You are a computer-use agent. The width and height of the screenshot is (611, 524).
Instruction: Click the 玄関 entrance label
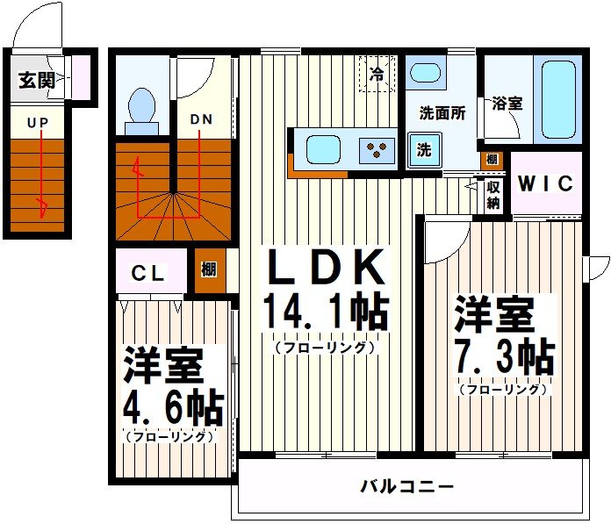coord(36,81)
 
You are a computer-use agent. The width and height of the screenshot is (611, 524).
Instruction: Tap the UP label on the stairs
coord(37,124)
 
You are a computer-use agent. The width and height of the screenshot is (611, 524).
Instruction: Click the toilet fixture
coord(141,109)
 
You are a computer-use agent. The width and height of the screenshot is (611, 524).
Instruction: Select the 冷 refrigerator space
coord(377,74)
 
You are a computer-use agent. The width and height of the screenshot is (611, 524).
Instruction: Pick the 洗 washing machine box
coord(425,150)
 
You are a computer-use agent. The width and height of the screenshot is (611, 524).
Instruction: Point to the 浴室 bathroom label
coord(507,103)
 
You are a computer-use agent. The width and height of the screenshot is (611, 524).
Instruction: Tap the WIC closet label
coord(545,184)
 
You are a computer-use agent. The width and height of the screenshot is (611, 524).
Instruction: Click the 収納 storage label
coord(493,194)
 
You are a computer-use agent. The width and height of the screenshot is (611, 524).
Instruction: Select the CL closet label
coord(148,273)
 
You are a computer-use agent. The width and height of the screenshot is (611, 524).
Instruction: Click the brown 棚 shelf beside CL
coord(209,270)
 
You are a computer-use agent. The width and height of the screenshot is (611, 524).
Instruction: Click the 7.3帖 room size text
coord(504,356)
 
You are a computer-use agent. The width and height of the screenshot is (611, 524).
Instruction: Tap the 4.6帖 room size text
coord(174,406)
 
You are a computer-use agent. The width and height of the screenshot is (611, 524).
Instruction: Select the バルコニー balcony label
coord(407,485)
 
